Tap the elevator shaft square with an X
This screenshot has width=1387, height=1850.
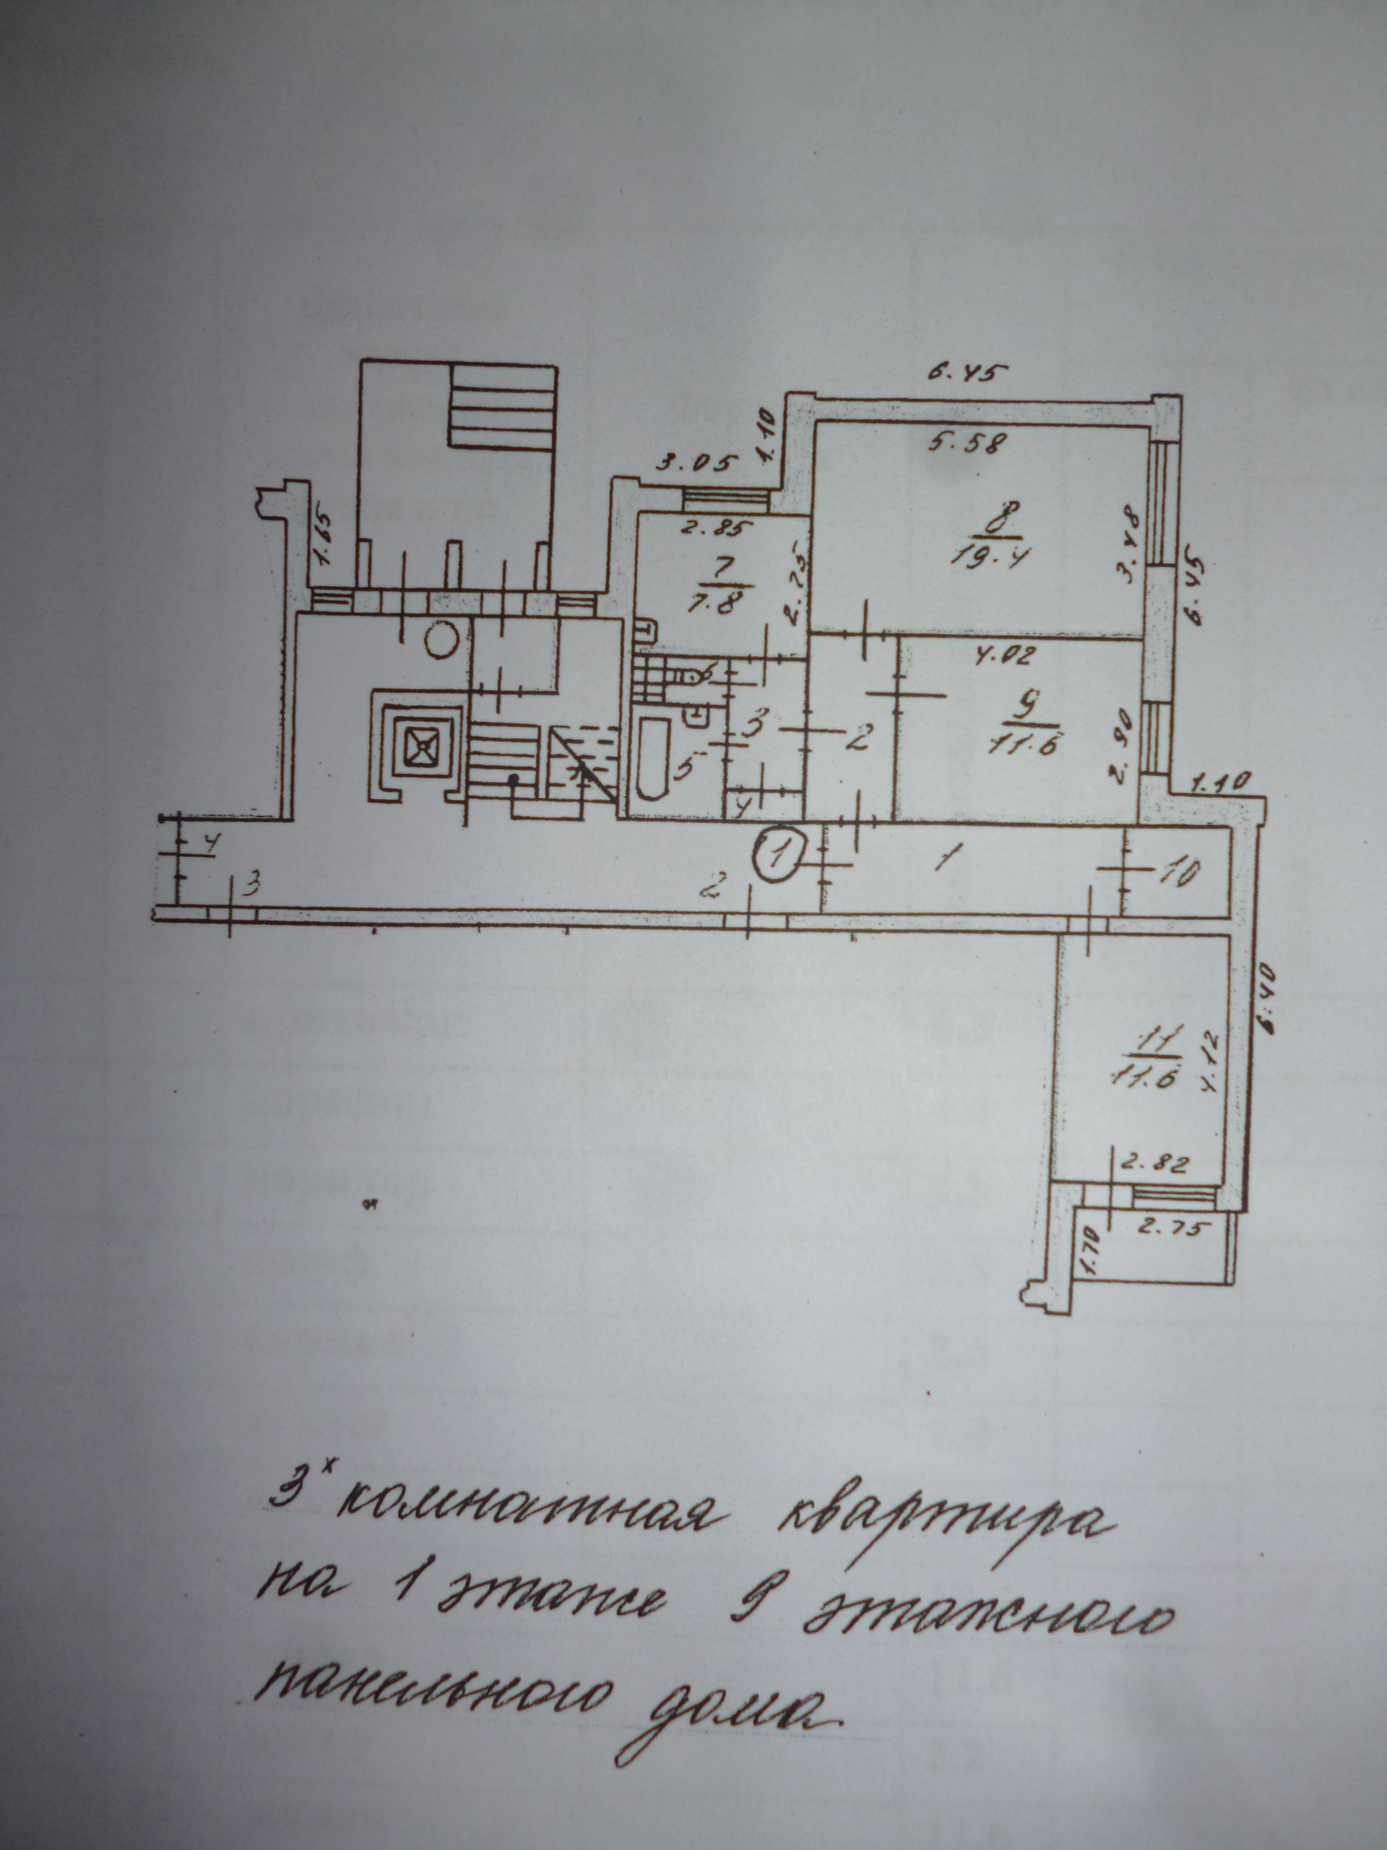(418, 744)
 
